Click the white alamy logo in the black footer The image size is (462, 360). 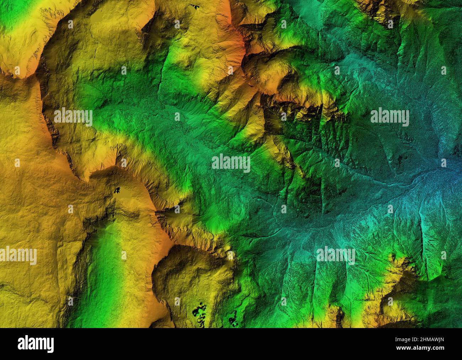click(x=36, y=344)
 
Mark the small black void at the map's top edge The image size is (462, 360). click(x=195, y=6)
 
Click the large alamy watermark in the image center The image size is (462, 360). click(x=231, y=163)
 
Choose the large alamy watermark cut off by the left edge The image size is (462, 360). click(x=18, y=256)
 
